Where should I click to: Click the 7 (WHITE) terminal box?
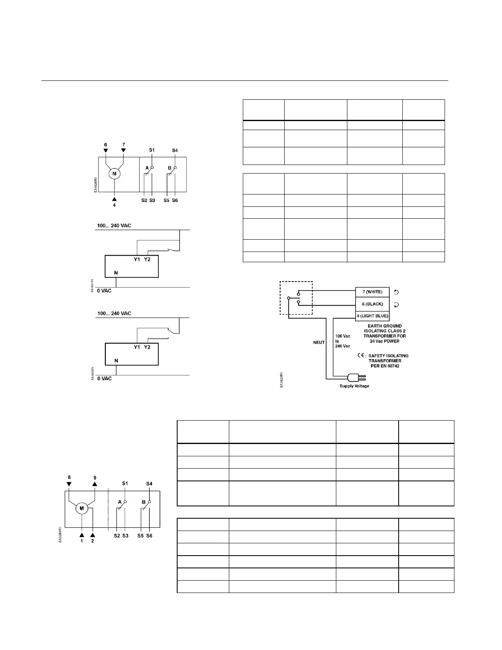(x=372, y=292)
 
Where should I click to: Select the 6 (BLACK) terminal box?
(x=372, y=304)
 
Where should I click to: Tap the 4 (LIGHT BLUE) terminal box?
(x=372, y=316)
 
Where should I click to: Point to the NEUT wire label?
(x=319, y=343)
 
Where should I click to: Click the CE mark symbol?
(x=361, y=355)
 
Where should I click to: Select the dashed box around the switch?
(x=296, y=298)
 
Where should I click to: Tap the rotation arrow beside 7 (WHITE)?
(x=396, y=292)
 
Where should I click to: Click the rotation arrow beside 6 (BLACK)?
(x=396, y=305)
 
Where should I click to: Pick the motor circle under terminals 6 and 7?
(x=114, y=174)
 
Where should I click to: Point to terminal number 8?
(x=69, y=478)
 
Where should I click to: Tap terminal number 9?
(x=95, y=478)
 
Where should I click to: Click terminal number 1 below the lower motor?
(x=82, y=541)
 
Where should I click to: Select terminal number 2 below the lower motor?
(x=93, y=541)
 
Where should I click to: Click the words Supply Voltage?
(x=354, y=386)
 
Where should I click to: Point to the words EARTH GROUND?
(x=384, y=326)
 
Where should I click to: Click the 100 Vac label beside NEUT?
(x=342, y=336)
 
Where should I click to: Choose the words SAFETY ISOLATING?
(x=388, y=356)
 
